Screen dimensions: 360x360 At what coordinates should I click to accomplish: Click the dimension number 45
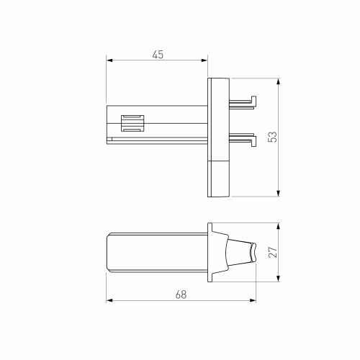(x=157, y=55)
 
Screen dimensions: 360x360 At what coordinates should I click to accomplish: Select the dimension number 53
(x=272, y=138)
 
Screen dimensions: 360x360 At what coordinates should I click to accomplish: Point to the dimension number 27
(x=272, y=253)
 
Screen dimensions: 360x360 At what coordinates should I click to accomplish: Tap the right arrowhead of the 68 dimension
(x=256, y=300)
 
